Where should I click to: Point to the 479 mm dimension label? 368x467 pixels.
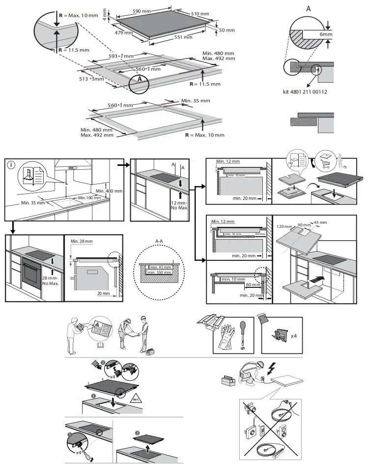point(125,32)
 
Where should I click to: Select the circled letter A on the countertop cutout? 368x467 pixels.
point(140,79)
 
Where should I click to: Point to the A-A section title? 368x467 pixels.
point(159,241)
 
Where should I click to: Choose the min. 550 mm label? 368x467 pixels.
point(161,272)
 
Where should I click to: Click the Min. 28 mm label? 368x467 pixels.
point(81,241)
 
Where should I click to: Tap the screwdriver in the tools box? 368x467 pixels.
point(242,329)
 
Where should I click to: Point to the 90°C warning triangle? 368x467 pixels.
point(135,398)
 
